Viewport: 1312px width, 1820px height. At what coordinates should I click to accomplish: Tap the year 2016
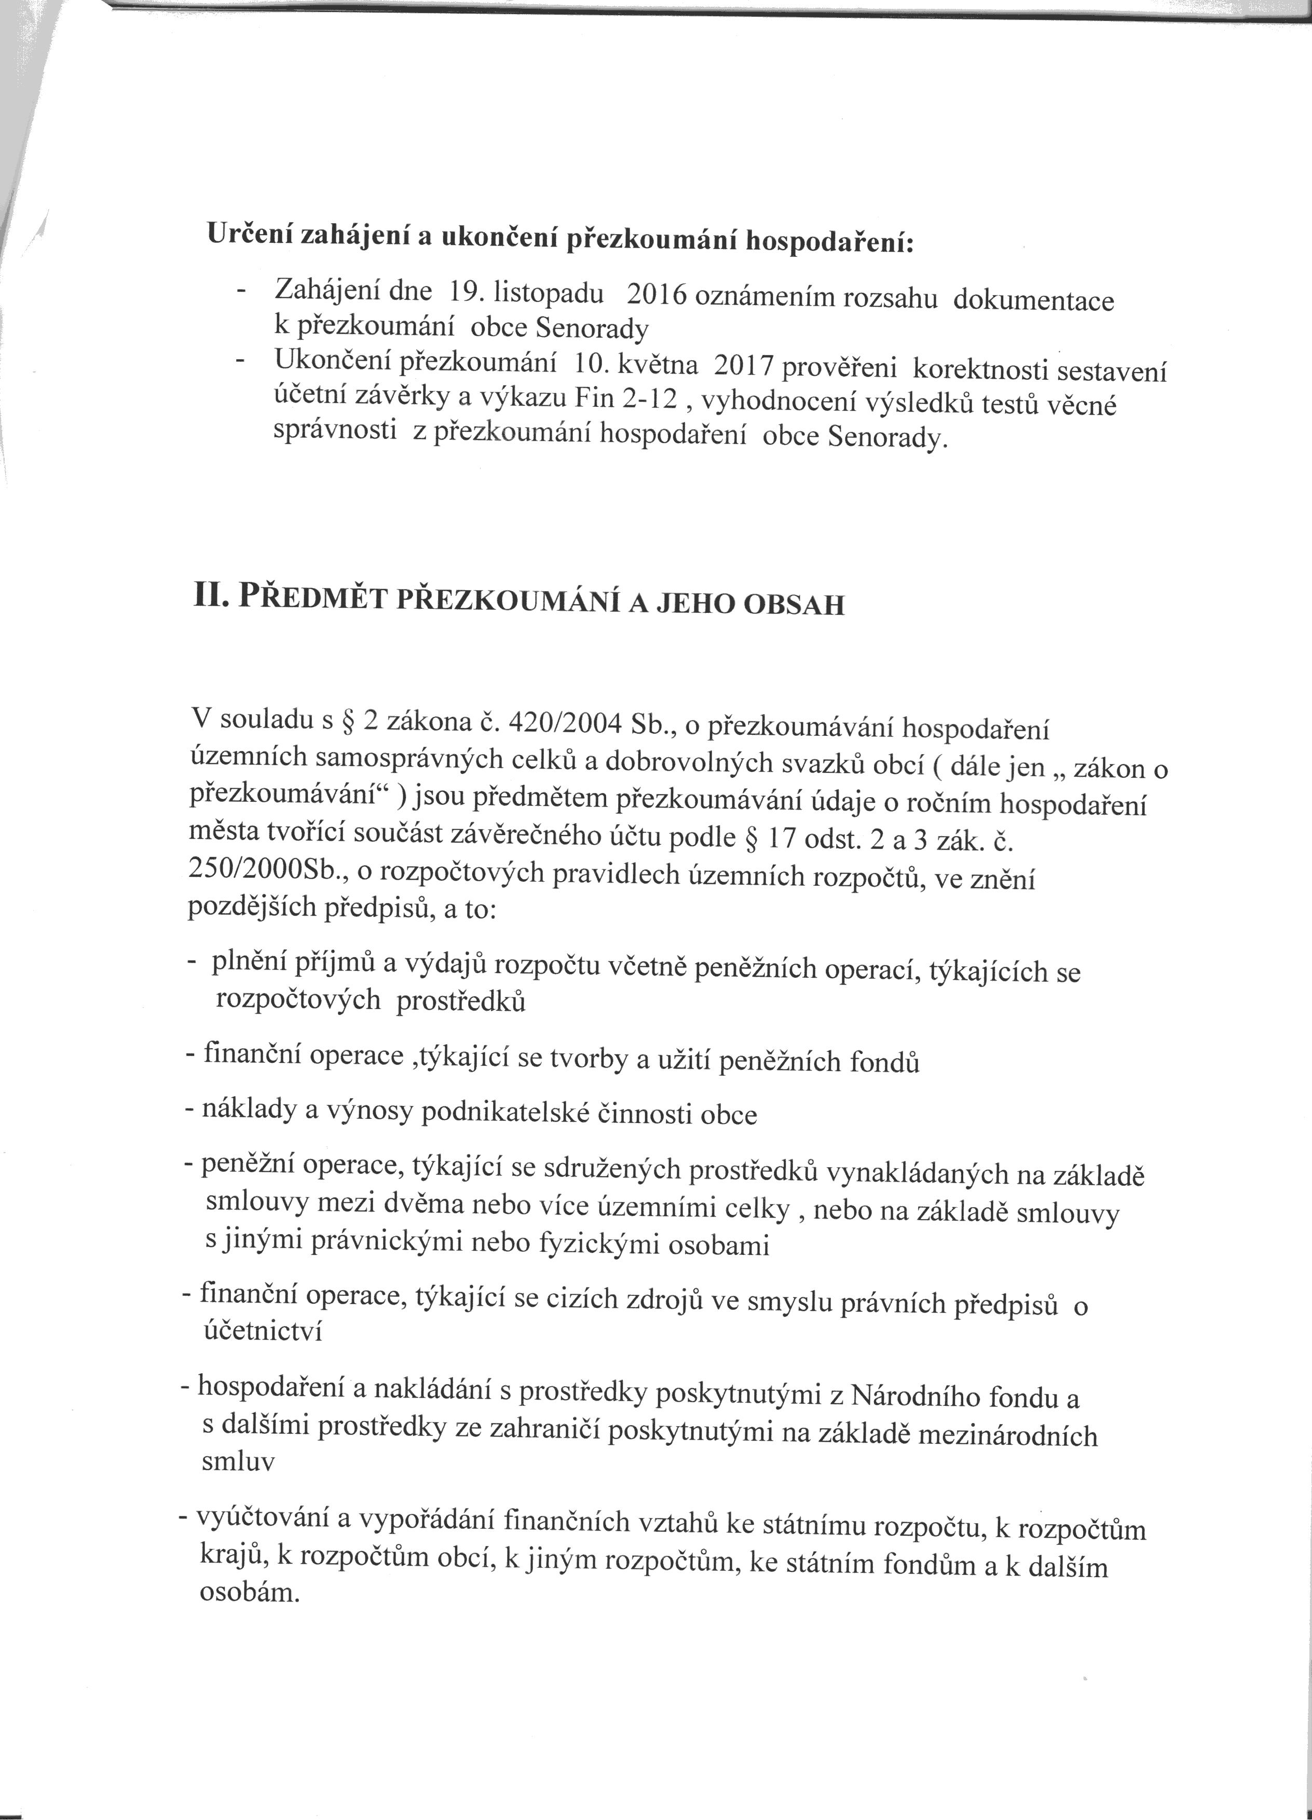coord(657,296)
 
